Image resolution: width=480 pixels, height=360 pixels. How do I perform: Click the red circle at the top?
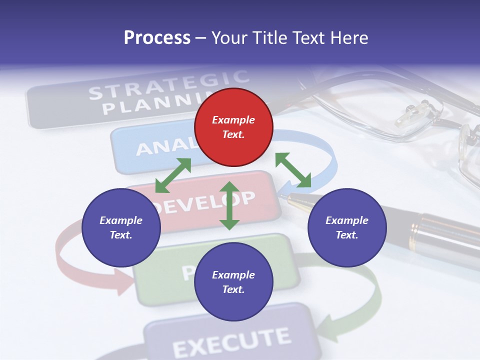point(233,127)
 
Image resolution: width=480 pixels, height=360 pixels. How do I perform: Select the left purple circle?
point(121,227)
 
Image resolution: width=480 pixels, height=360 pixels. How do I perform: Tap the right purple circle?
point(347,227)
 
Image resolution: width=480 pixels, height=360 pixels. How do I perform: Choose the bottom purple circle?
point(233,282)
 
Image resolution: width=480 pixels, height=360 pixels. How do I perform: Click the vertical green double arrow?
point(229,205)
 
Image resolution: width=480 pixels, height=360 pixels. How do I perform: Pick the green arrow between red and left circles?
point(173,175)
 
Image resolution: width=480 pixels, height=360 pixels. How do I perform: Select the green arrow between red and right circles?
point(293,170)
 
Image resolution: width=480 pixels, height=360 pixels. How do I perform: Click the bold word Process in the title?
point(157,38)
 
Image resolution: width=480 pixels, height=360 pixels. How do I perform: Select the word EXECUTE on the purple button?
point(231,341)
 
